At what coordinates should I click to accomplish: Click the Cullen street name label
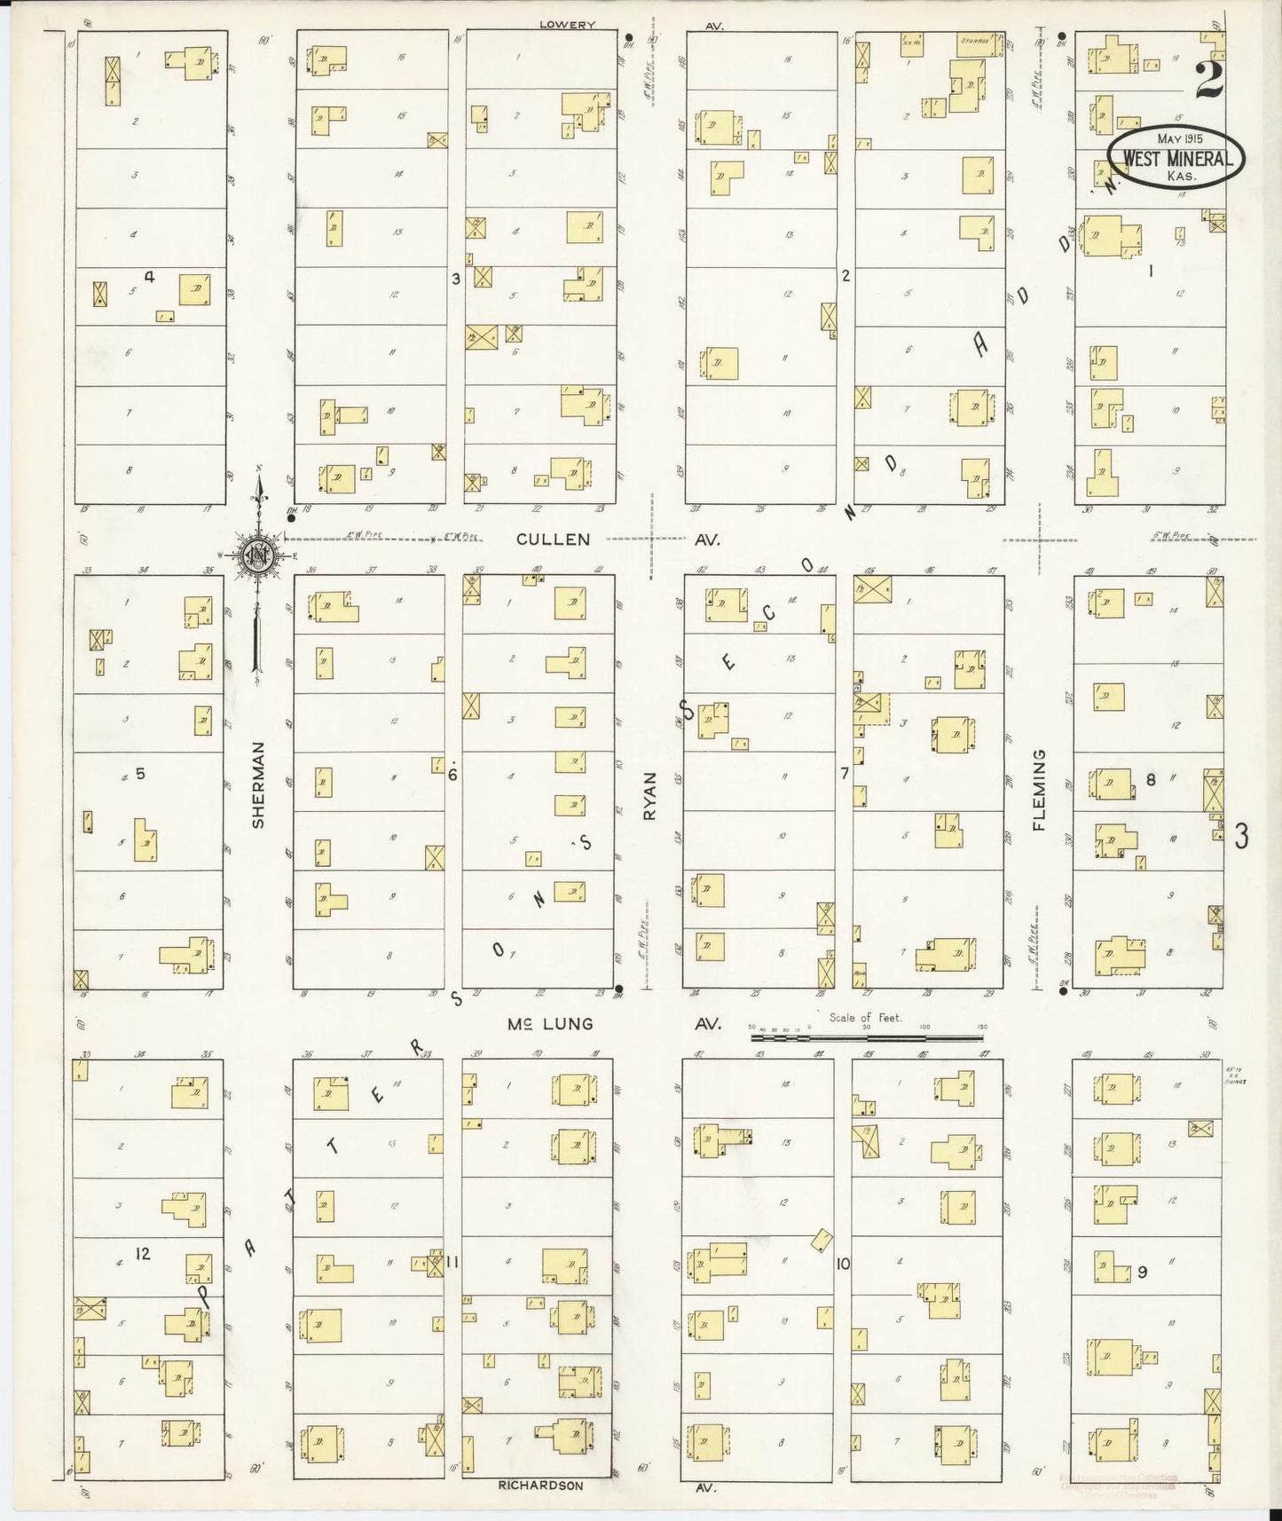pyautogui.click(x=553, y=539)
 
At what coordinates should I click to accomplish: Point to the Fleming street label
pyautogui.click(x=1039, y=789)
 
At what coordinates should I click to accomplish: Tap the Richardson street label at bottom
pyautogui.click(x=540, y=1485)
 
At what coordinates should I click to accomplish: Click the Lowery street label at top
pyautogui.click(x=567, y=25)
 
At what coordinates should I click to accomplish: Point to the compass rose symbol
pyautogui.click(x=256, y=556)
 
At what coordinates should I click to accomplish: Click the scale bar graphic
pyautogui.click(x=866, y=1036)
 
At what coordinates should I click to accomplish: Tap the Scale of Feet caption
pyautogui.click(x=865, y=1018)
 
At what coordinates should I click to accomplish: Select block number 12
pyautogui.click(x=143, y=1253)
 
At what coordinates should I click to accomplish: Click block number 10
pyautogui.click(x=842, y=1263)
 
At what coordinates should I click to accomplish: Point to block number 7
pyautogui.click(x=845, y=773)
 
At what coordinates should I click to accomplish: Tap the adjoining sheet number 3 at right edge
pyautogui.click(x=1241, y=835)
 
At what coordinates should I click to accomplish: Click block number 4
pyautogui.click(x=150, y=276)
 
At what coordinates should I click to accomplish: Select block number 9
pyautogui.click(x=1143, y=1272)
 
